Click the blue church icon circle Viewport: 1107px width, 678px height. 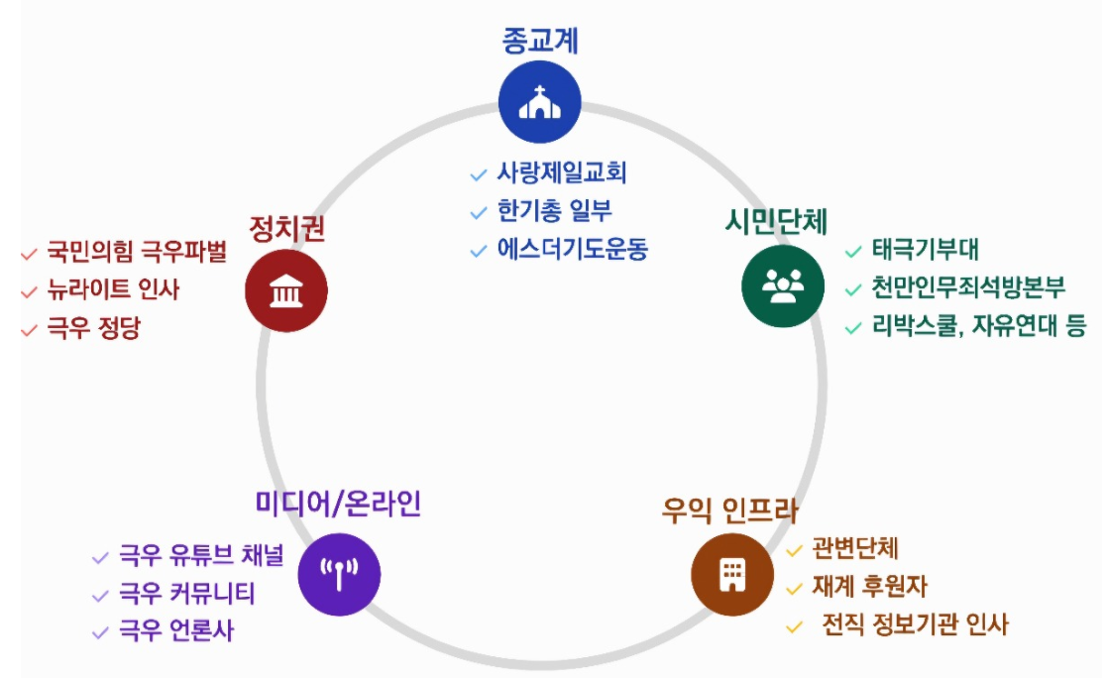(539, 102)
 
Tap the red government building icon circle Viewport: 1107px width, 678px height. (286, 291)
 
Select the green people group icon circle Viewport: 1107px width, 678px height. (783, 285)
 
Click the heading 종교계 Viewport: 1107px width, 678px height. (539, 41)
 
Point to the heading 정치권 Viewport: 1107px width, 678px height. (286, 229)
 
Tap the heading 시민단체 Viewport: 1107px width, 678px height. (776, 221)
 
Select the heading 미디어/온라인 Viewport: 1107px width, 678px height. (338, 504)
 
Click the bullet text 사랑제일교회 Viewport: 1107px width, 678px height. (562, 173)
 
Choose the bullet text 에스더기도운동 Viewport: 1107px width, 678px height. (572, 249)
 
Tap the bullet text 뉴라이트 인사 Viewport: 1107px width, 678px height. (114, 289)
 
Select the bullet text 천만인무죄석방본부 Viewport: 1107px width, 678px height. (968, 288)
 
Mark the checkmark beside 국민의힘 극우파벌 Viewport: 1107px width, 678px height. (28, 254)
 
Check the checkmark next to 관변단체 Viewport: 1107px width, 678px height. (794, 551)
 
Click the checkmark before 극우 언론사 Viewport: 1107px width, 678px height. (99, 631)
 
